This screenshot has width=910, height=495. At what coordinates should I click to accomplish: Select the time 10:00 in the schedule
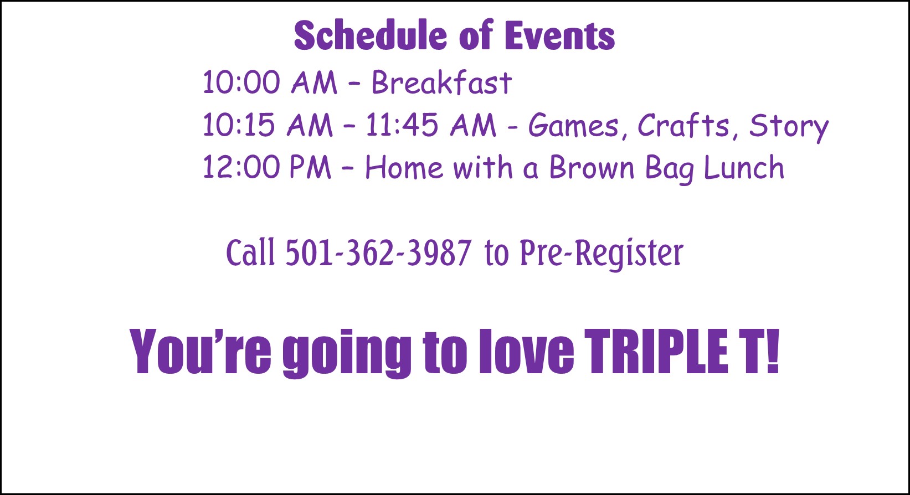click(x=241, y=82)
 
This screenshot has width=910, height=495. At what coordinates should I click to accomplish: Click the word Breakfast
click(x=441, y=82)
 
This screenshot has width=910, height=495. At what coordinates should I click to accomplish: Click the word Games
click(x=573, y=125)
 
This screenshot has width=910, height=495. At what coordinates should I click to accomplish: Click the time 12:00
click(x=241, y=167)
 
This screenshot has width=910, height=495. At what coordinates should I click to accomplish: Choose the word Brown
click(x=592, y=167)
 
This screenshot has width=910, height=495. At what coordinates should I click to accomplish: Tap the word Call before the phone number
click(x=250, y=252)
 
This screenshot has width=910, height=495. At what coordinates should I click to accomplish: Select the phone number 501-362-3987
click(x=378, y=252)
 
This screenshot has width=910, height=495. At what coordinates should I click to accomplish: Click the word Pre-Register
click(x=601, y=254)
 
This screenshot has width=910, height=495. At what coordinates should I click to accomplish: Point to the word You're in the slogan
click(x=200, y=351)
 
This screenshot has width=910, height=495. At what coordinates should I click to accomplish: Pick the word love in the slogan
click(x=526, y=351)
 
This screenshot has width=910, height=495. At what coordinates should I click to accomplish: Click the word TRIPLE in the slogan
click(x=656, y=351)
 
